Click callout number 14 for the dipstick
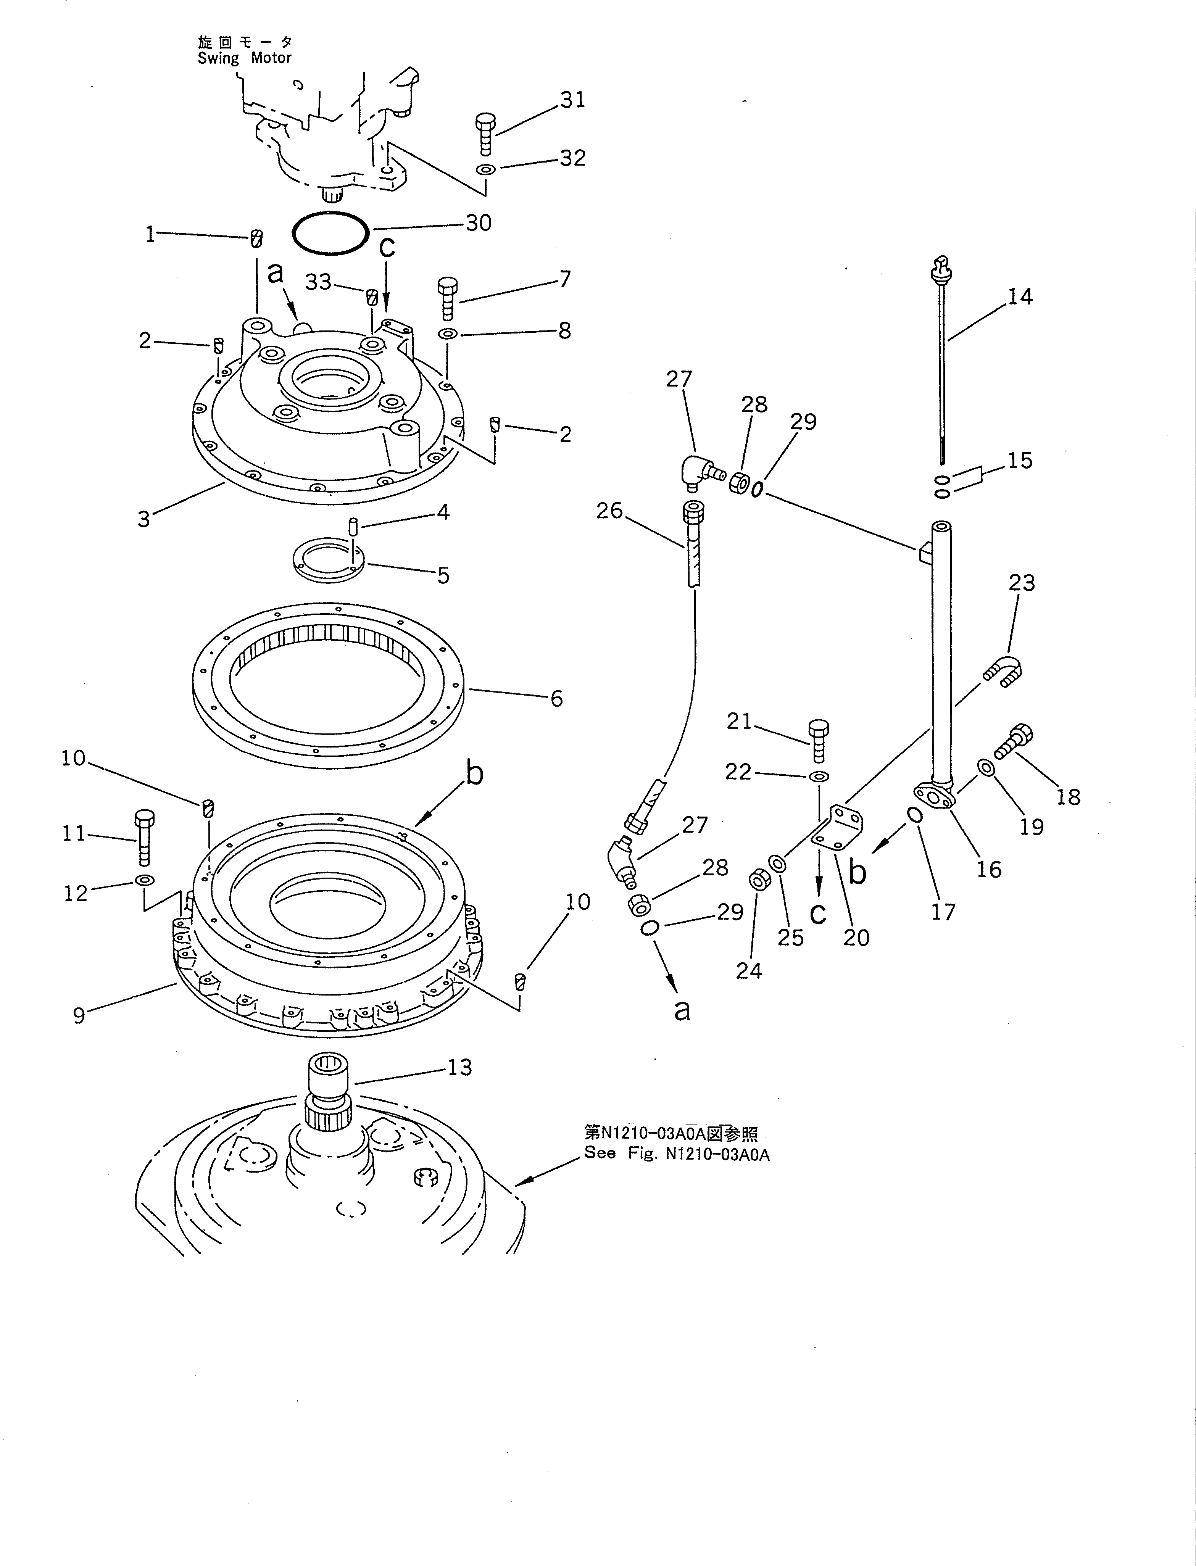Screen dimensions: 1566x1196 [1019, 296]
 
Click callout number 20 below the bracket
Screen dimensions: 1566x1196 [856, 938]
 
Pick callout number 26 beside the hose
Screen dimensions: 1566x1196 [609, 511]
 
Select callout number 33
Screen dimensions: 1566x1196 [318, 282]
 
